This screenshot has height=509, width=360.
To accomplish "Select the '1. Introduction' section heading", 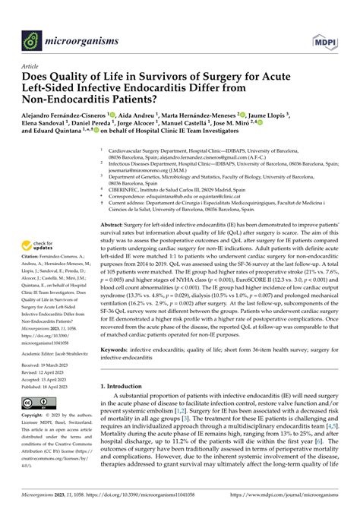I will tap(128, 386).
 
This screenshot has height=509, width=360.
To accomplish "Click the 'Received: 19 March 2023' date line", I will tap(44, 365).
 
